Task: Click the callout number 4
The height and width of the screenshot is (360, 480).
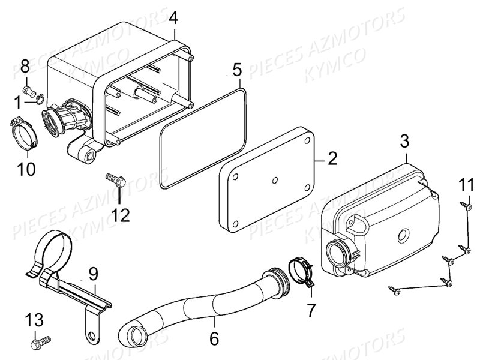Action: coord(173,18)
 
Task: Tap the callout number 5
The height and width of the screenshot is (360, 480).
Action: coord(237,70)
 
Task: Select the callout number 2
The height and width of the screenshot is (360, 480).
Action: coord(332,158)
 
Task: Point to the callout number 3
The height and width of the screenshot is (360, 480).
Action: coord(404,142)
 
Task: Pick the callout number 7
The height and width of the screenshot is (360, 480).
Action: coord(311,310)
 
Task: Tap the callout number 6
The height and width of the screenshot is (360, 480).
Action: coord(214,339)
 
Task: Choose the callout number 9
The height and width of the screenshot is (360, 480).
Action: coord(94,274)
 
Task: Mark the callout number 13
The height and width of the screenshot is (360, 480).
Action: coord(34,320)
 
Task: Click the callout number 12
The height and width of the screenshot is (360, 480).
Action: coord(120,215)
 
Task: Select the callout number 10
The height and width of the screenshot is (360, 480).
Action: coord(26,169)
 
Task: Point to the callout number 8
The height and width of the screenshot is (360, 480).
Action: coord(25,65)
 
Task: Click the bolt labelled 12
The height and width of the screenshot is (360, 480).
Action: coord(116,180)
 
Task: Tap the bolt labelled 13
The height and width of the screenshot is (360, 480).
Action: coord(41,342)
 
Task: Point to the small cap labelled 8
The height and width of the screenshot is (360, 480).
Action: coord(28,91)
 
